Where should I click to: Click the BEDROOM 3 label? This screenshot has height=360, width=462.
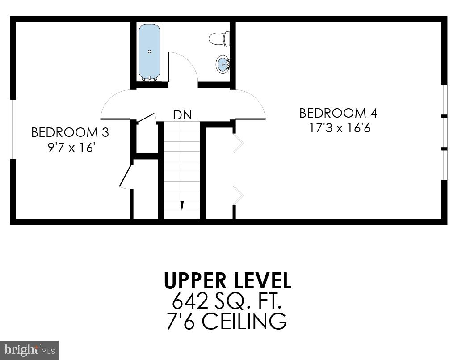tap(70, 132)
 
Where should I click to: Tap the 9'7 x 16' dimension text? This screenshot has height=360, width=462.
tap(71, 147)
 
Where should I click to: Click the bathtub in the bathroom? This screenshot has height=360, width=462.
tap(149, 51)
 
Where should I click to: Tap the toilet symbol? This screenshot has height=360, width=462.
tap(219, 38)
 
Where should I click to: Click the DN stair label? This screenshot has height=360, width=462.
tap(182, 115)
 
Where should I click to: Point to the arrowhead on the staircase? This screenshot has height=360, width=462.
tap(182, 206)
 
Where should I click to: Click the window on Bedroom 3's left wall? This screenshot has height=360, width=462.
tap(13, 129)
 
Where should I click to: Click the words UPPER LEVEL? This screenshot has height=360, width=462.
tap(227, 280)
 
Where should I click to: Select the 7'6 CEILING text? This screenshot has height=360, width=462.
tap(227, 322)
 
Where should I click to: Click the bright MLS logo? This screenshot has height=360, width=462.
tap(29, 350)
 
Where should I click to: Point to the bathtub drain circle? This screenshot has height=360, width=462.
tap(149, 51)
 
